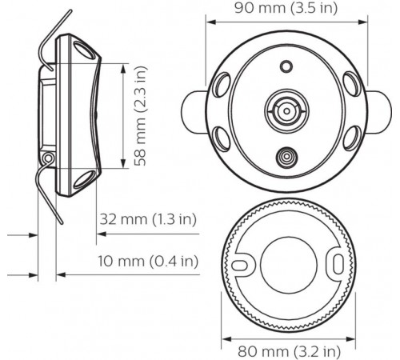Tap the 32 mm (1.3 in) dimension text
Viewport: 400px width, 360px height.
tap(149, 218)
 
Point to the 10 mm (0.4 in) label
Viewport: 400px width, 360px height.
tap(150, 262)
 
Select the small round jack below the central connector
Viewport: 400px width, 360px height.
tap(285, 158)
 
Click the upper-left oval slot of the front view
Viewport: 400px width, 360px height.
tap(221, 82)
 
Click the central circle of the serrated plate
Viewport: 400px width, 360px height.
tap(285, 262)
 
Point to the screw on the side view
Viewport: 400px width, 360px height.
tap(50, 160)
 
